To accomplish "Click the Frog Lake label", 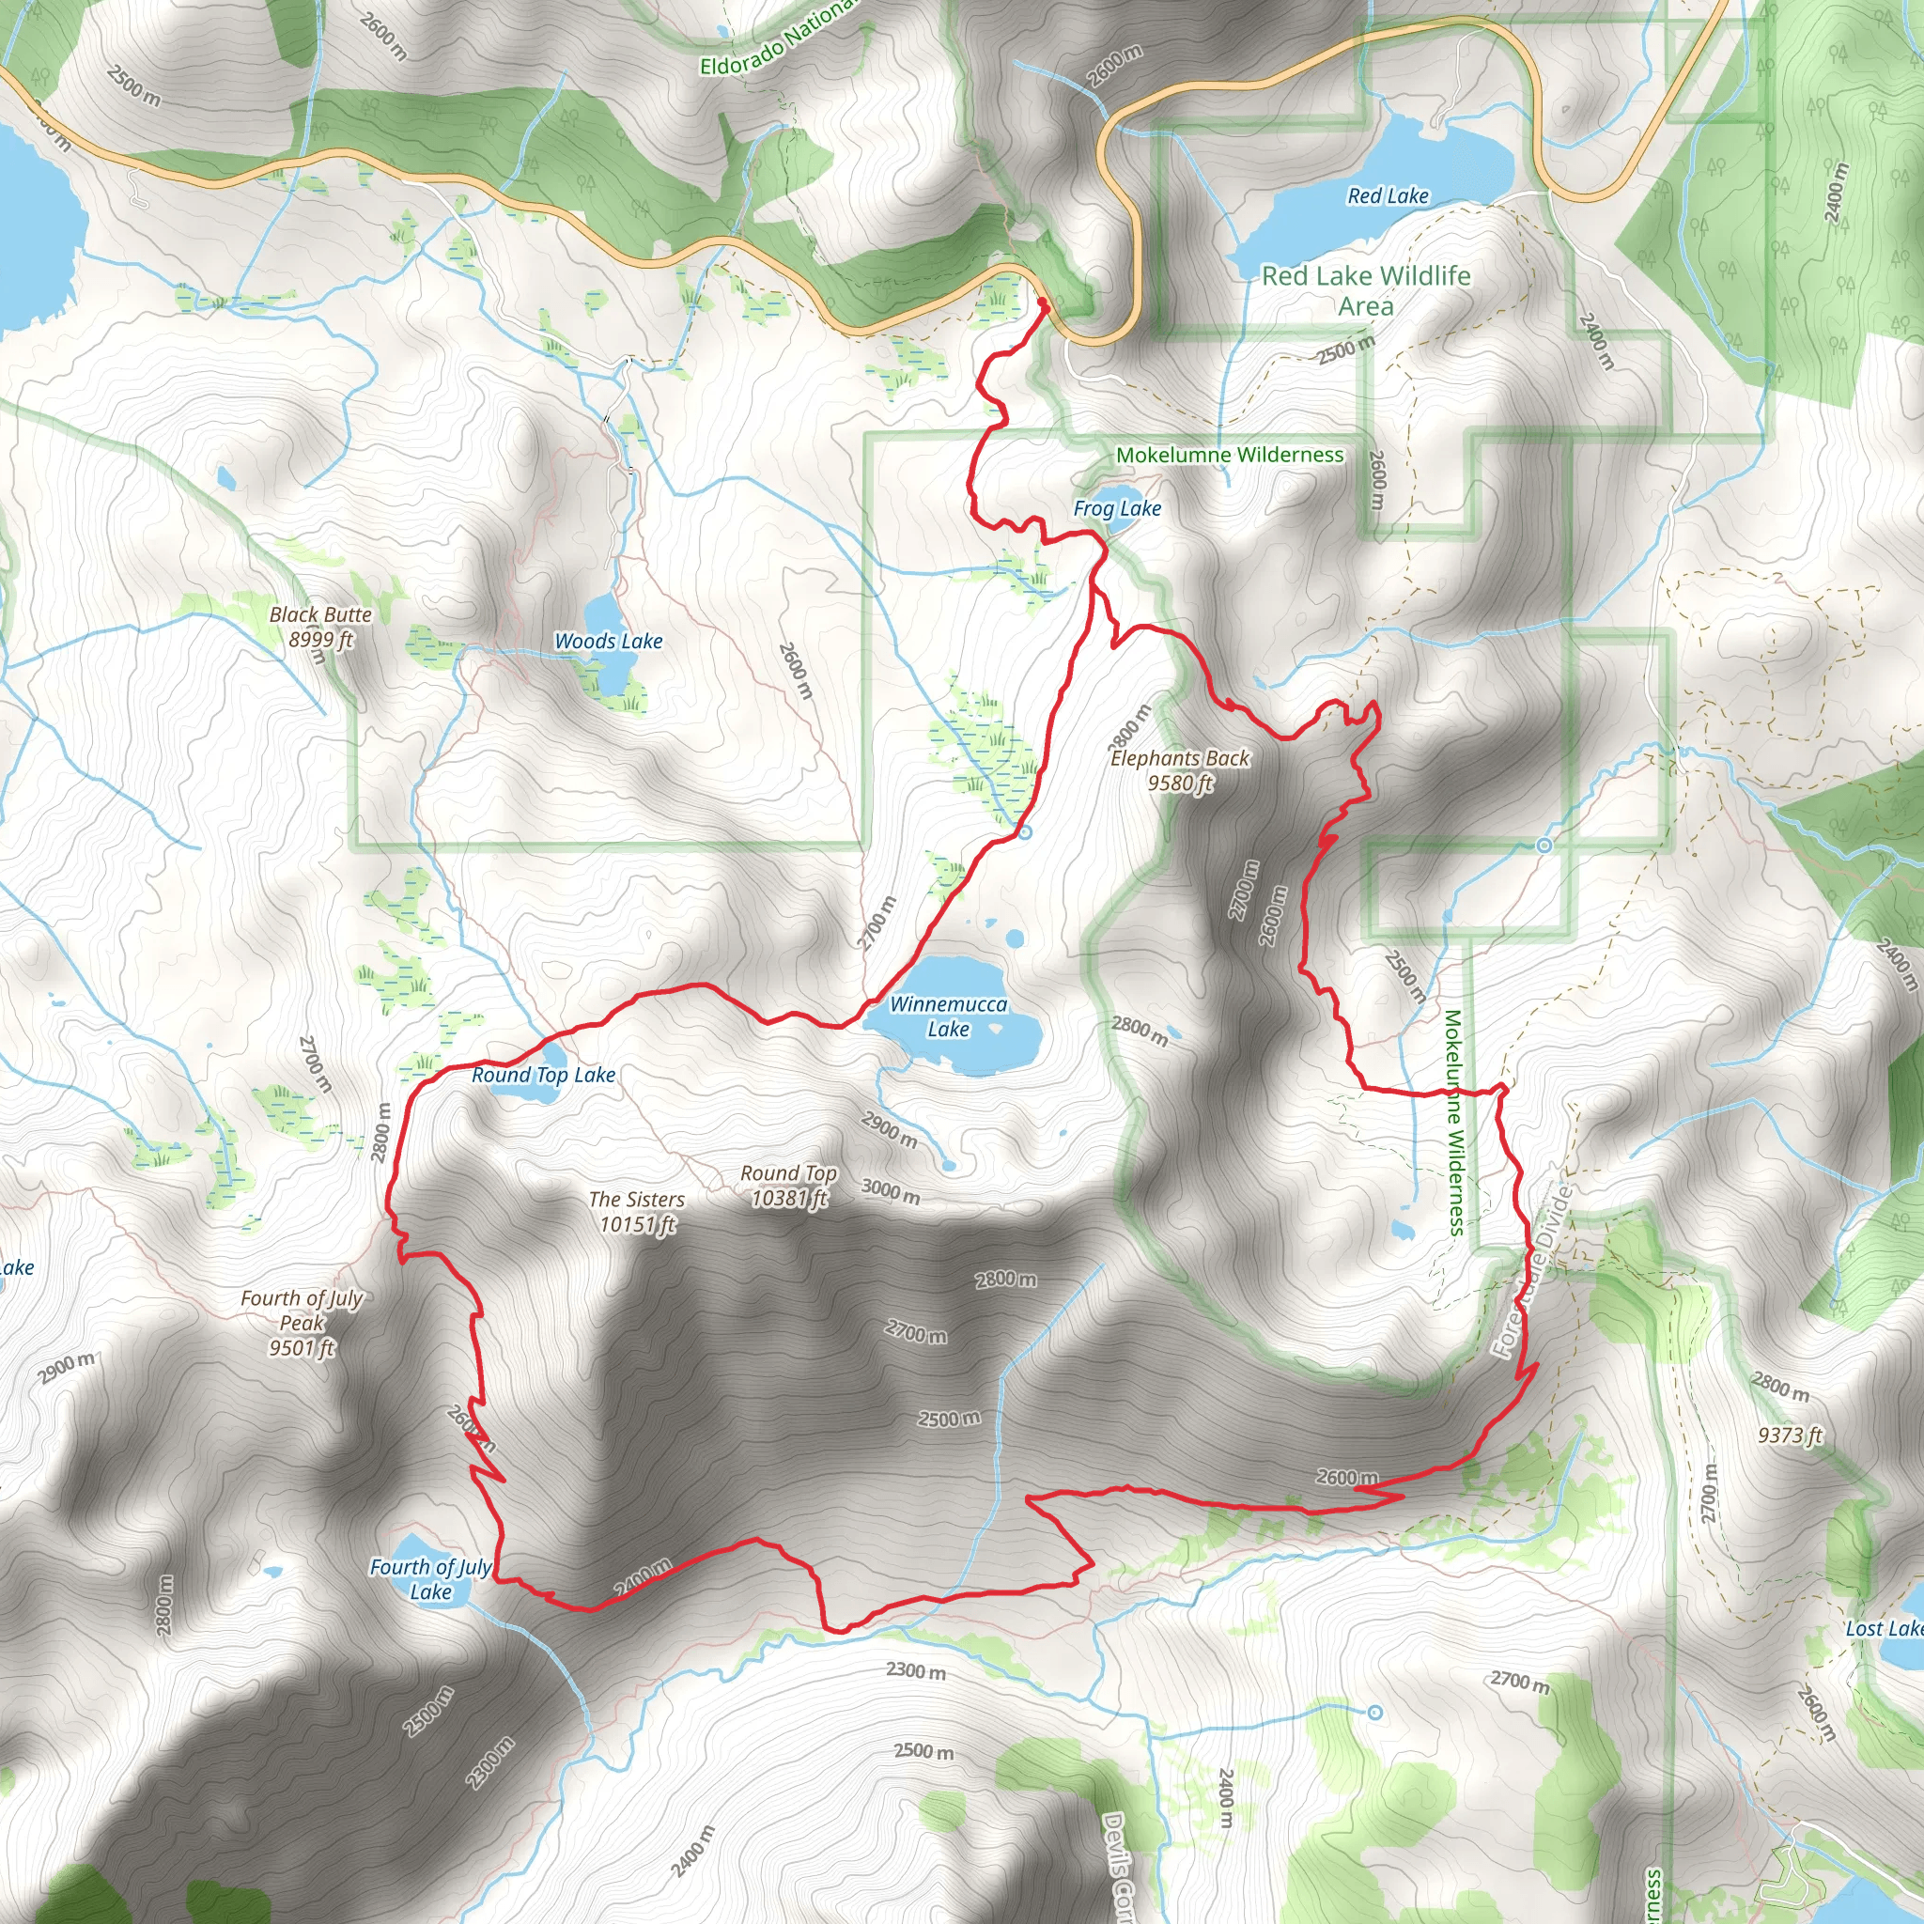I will [x=1116, y=509].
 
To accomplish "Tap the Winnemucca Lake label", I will [x=948, y=1016].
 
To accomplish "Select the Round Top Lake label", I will [x=543, y=1076].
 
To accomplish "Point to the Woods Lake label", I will [x=608, y=642].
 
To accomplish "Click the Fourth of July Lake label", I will [x=430, y=1579].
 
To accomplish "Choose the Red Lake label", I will [x=1388, y=196].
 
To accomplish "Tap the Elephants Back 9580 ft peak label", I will [x=1180, y=770].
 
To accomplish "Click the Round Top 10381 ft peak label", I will [x=787, y=1187].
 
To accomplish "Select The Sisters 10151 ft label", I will [x=636, y=1212].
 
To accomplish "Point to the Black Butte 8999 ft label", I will [x=319, y=628].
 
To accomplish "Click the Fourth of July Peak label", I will [x=302, y=1323].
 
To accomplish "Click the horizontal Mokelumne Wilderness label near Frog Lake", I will [x=1229, y=455].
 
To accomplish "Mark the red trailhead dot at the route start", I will [x=1043, y=302].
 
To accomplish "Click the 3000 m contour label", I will [x=891, y=1190].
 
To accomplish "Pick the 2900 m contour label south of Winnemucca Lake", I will [x=889, y=1130].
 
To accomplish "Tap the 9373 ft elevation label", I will [x=1790, y=1435].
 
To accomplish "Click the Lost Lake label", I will [x=1882, y=1628].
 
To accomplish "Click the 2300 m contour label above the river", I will [x=915, y=1670].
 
